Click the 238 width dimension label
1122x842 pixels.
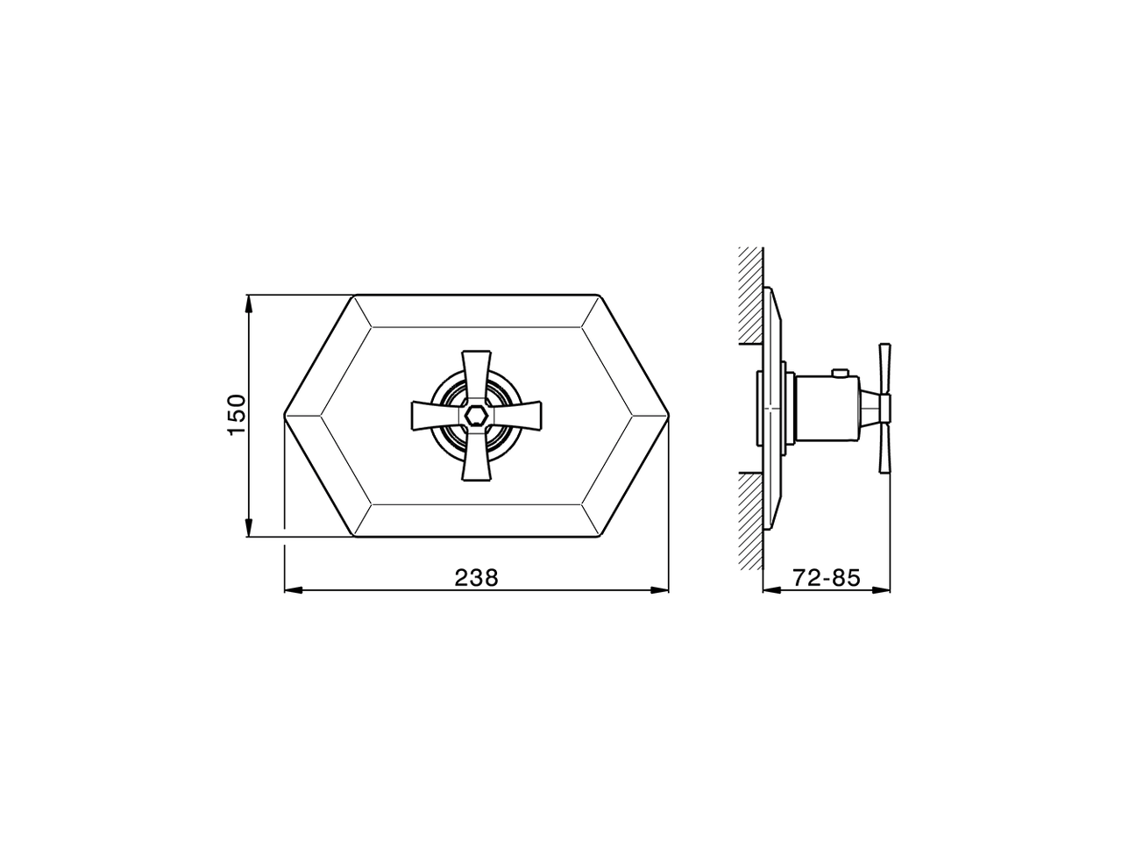[x=476, y=577]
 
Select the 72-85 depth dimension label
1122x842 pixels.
[x=826, y=577]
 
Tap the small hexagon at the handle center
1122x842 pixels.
[x=476, y=416]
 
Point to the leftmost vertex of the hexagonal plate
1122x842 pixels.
[x=286, y=416]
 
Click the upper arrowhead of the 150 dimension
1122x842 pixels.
[x=250, y=303]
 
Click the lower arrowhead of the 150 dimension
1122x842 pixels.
[x=250, y=528]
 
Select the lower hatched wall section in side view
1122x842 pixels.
[x=750, y=522]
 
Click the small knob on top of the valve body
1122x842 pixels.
[x=840, y=375]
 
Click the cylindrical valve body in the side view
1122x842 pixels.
[x=828, y=410]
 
